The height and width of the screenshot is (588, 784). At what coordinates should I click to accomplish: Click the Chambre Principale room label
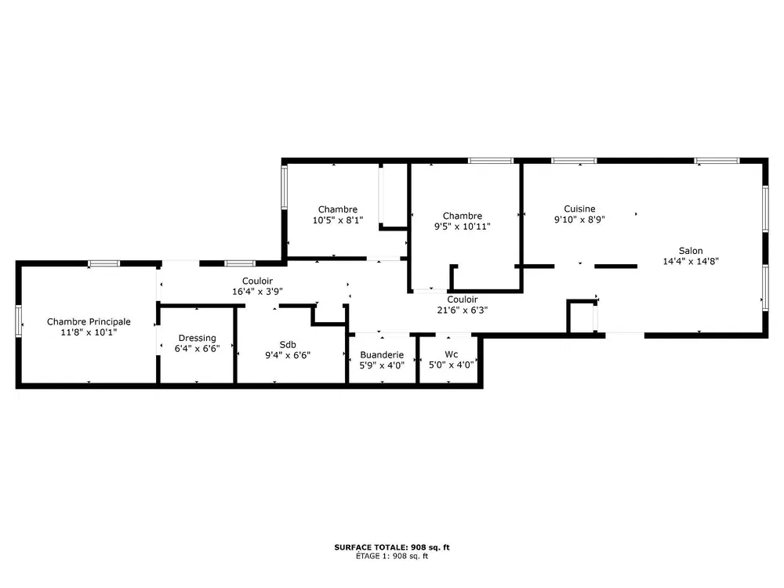pyautogui.click(x=89, y=321)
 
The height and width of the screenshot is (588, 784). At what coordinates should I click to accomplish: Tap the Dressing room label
pyautogui.click(x=197, y=338)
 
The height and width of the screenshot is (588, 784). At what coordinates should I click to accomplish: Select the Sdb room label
pyautogui.click(x=288, y=344)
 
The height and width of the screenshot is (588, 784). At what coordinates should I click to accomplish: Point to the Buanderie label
pyautogui.click(x=382, y=354)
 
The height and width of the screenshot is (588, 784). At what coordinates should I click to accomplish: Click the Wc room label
pyautogui.click(x=451, y=354)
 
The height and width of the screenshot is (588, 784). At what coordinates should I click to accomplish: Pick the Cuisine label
pyautogui.click(x=579, y=209)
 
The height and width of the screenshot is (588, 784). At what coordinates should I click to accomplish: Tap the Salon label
pyautogui.click(x=691, y=251)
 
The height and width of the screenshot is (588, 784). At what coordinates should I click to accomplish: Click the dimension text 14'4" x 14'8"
pyautogui.click(x=691, y=261)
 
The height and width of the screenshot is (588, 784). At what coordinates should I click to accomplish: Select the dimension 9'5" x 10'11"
pyautogui.click(x=462, y=226)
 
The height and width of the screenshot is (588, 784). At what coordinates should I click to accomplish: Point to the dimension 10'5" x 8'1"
pyautogui.click(x=337, y=220)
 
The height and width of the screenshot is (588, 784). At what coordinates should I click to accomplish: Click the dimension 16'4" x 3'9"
pyautogui.click(x=257, y=291)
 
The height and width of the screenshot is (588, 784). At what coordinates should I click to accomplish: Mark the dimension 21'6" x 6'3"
pyautogui.click(x=462, y=310)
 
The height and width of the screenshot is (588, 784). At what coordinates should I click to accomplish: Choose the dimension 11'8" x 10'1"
pyautogui.click(x=89, y=332)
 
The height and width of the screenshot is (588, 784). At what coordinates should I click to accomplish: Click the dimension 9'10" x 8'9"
pyautogui.click(x=579, y=219)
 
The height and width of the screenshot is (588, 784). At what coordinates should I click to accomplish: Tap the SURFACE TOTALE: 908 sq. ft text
pyautogui.click(x=392, y=547)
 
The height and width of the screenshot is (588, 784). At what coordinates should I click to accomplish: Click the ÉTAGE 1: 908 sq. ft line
pyautogui.click(x=392, y=556)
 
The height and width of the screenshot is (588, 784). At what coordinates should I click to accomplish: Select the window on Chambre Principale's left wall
pyautogui.click(x=19, y=321)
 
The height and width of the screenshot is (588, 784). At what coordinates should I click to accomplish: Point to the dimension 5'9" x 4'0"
pyautogui.click(x=382, y=365)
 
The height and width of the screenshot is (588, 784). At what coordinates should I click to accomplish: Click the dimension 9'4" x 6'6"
pyautogui.click(x=288, y=355)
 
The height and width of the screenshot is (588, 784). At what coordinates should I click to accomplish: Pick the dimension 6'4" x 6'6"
pyautogui.click(x=197, y=349)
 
